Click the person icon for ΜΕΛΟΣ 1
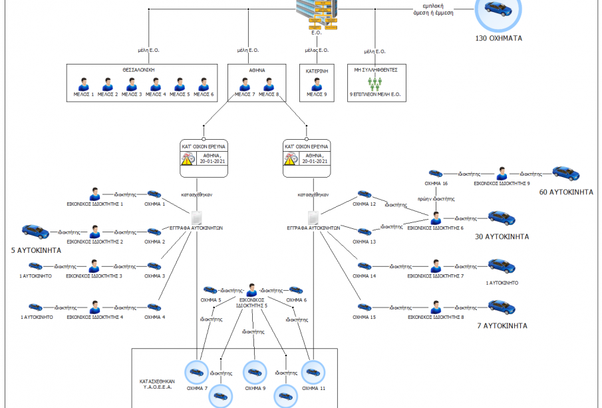click(84, 85)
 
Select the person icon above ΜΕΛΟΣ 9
click(317, 85)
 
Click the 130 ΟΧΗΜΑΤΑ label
click(498, 38)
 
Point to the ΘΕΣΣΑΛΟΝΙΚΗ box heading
click(143, 69)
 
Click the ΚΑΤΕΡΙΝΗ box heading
click(317, 69)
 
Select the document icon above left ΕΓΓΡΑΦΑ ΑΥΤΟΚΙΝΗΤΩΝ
click(197, 218)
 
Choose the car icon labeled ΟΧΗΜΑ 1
click(154, 194)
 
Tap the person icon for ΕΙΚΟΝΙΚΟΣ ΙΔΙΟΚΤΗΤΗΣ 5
click(252, 290)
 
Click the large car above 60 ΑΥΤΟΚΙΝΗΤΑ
click(565, 173)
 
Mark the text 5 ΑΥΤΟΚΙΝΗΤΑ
click(36, 250)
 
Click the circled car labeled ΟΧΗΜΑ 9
click(255, 373)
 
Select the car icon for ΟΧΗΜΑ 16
click(436, 174)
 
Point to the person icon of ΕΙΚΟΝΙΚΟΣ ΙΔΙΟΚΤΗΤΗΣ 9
click(502, 173)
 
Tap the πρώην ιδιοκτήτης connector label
click(436, 198)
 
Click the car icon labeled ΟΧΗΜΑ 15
click(364, 307)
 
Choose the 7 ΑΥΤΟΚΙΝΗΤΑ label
click(502, 325)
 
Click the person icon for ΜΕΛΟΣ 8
click(269, 85)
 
